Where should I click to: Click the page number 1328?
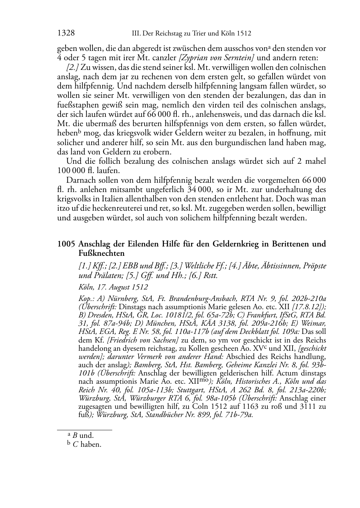tap(66, 33)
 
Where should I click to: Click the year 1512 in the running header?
tap(244, 34)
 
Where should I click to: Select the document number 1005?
tap(66, 244)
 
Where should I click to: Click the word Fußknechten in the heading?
tap(101, 253)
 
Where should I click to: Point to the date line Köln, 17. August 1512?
tap(113, 287)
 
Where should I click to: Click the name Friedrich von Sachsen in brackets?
tap(143, 340)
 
